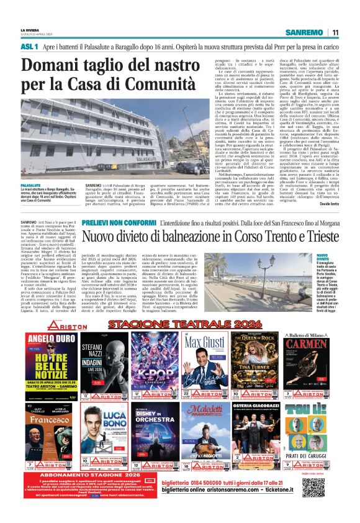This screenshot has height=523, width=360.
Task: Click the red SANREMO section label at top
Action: [306, 32]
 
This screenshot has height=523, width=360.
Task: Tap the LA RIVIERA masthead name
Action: [32, 29]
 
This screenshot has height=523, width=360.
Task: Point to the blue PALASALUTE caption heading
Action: [33, 168]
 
